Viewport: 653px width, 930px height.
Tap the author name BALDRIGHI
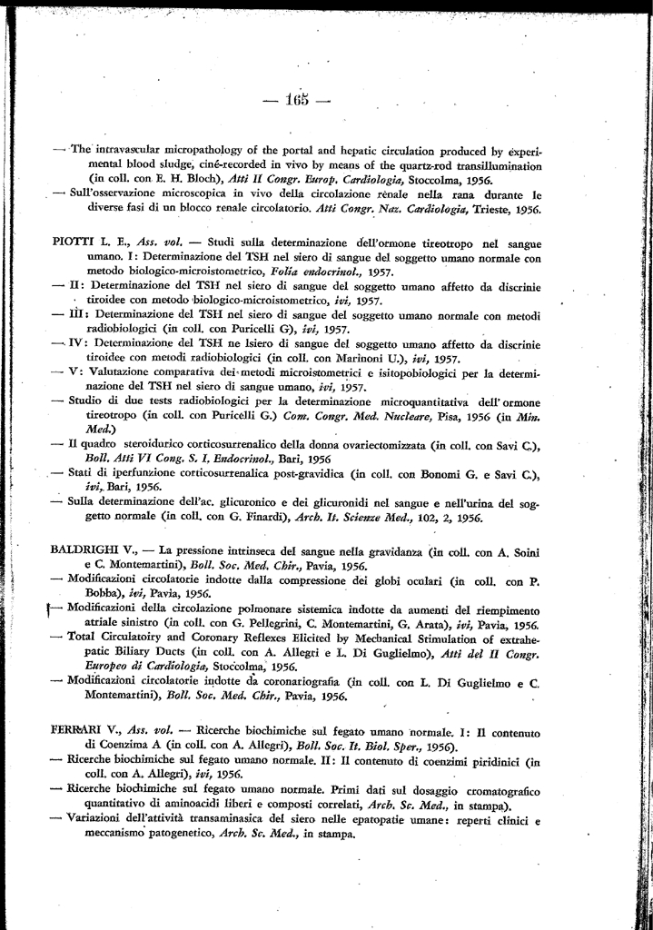(x=90, y=550)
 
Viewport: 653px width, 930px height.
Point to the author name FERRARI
(x=82, y=731)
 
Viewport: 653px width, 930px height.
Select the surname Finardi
(x=256, y=519)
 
